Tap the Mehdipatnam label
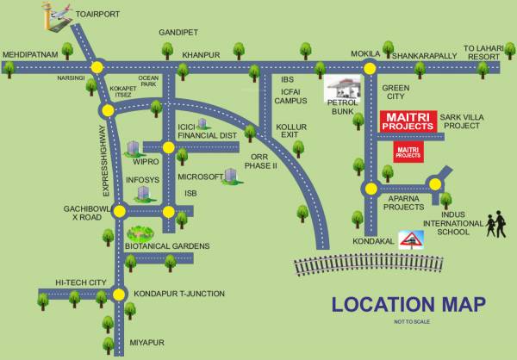[x=29, y=53]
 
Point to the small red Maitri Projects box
[x=408, y=152]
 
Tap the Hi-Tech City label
[x=79, y=282]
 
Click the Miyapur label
[x=146, y=343]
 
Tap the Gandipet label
[x=178, y=32]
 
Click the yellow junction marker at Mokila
[x=369, y=66]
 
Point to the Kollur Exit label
[x=291, y=131]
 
